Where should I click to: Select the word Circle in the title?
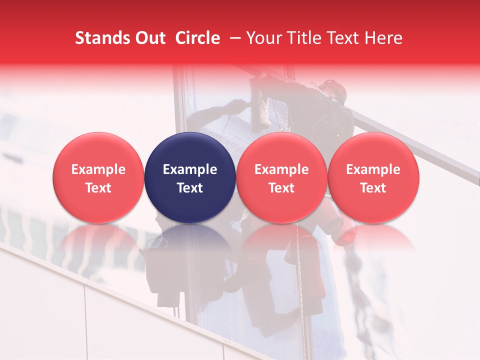click(x=197, y=38)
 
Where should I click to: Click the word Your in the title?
click(x=263, y=38)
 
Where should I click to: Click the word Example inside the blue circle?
click(x=190, y=169)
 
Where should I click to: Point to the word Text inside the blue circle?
click(x=190, y=188)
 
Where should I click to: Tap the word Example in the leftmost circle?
click(x=98, y=169)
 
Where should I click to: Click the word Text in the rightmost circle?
click(x=373, y=188)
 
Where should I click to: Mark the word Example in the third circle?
click(x=281, y=169)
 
